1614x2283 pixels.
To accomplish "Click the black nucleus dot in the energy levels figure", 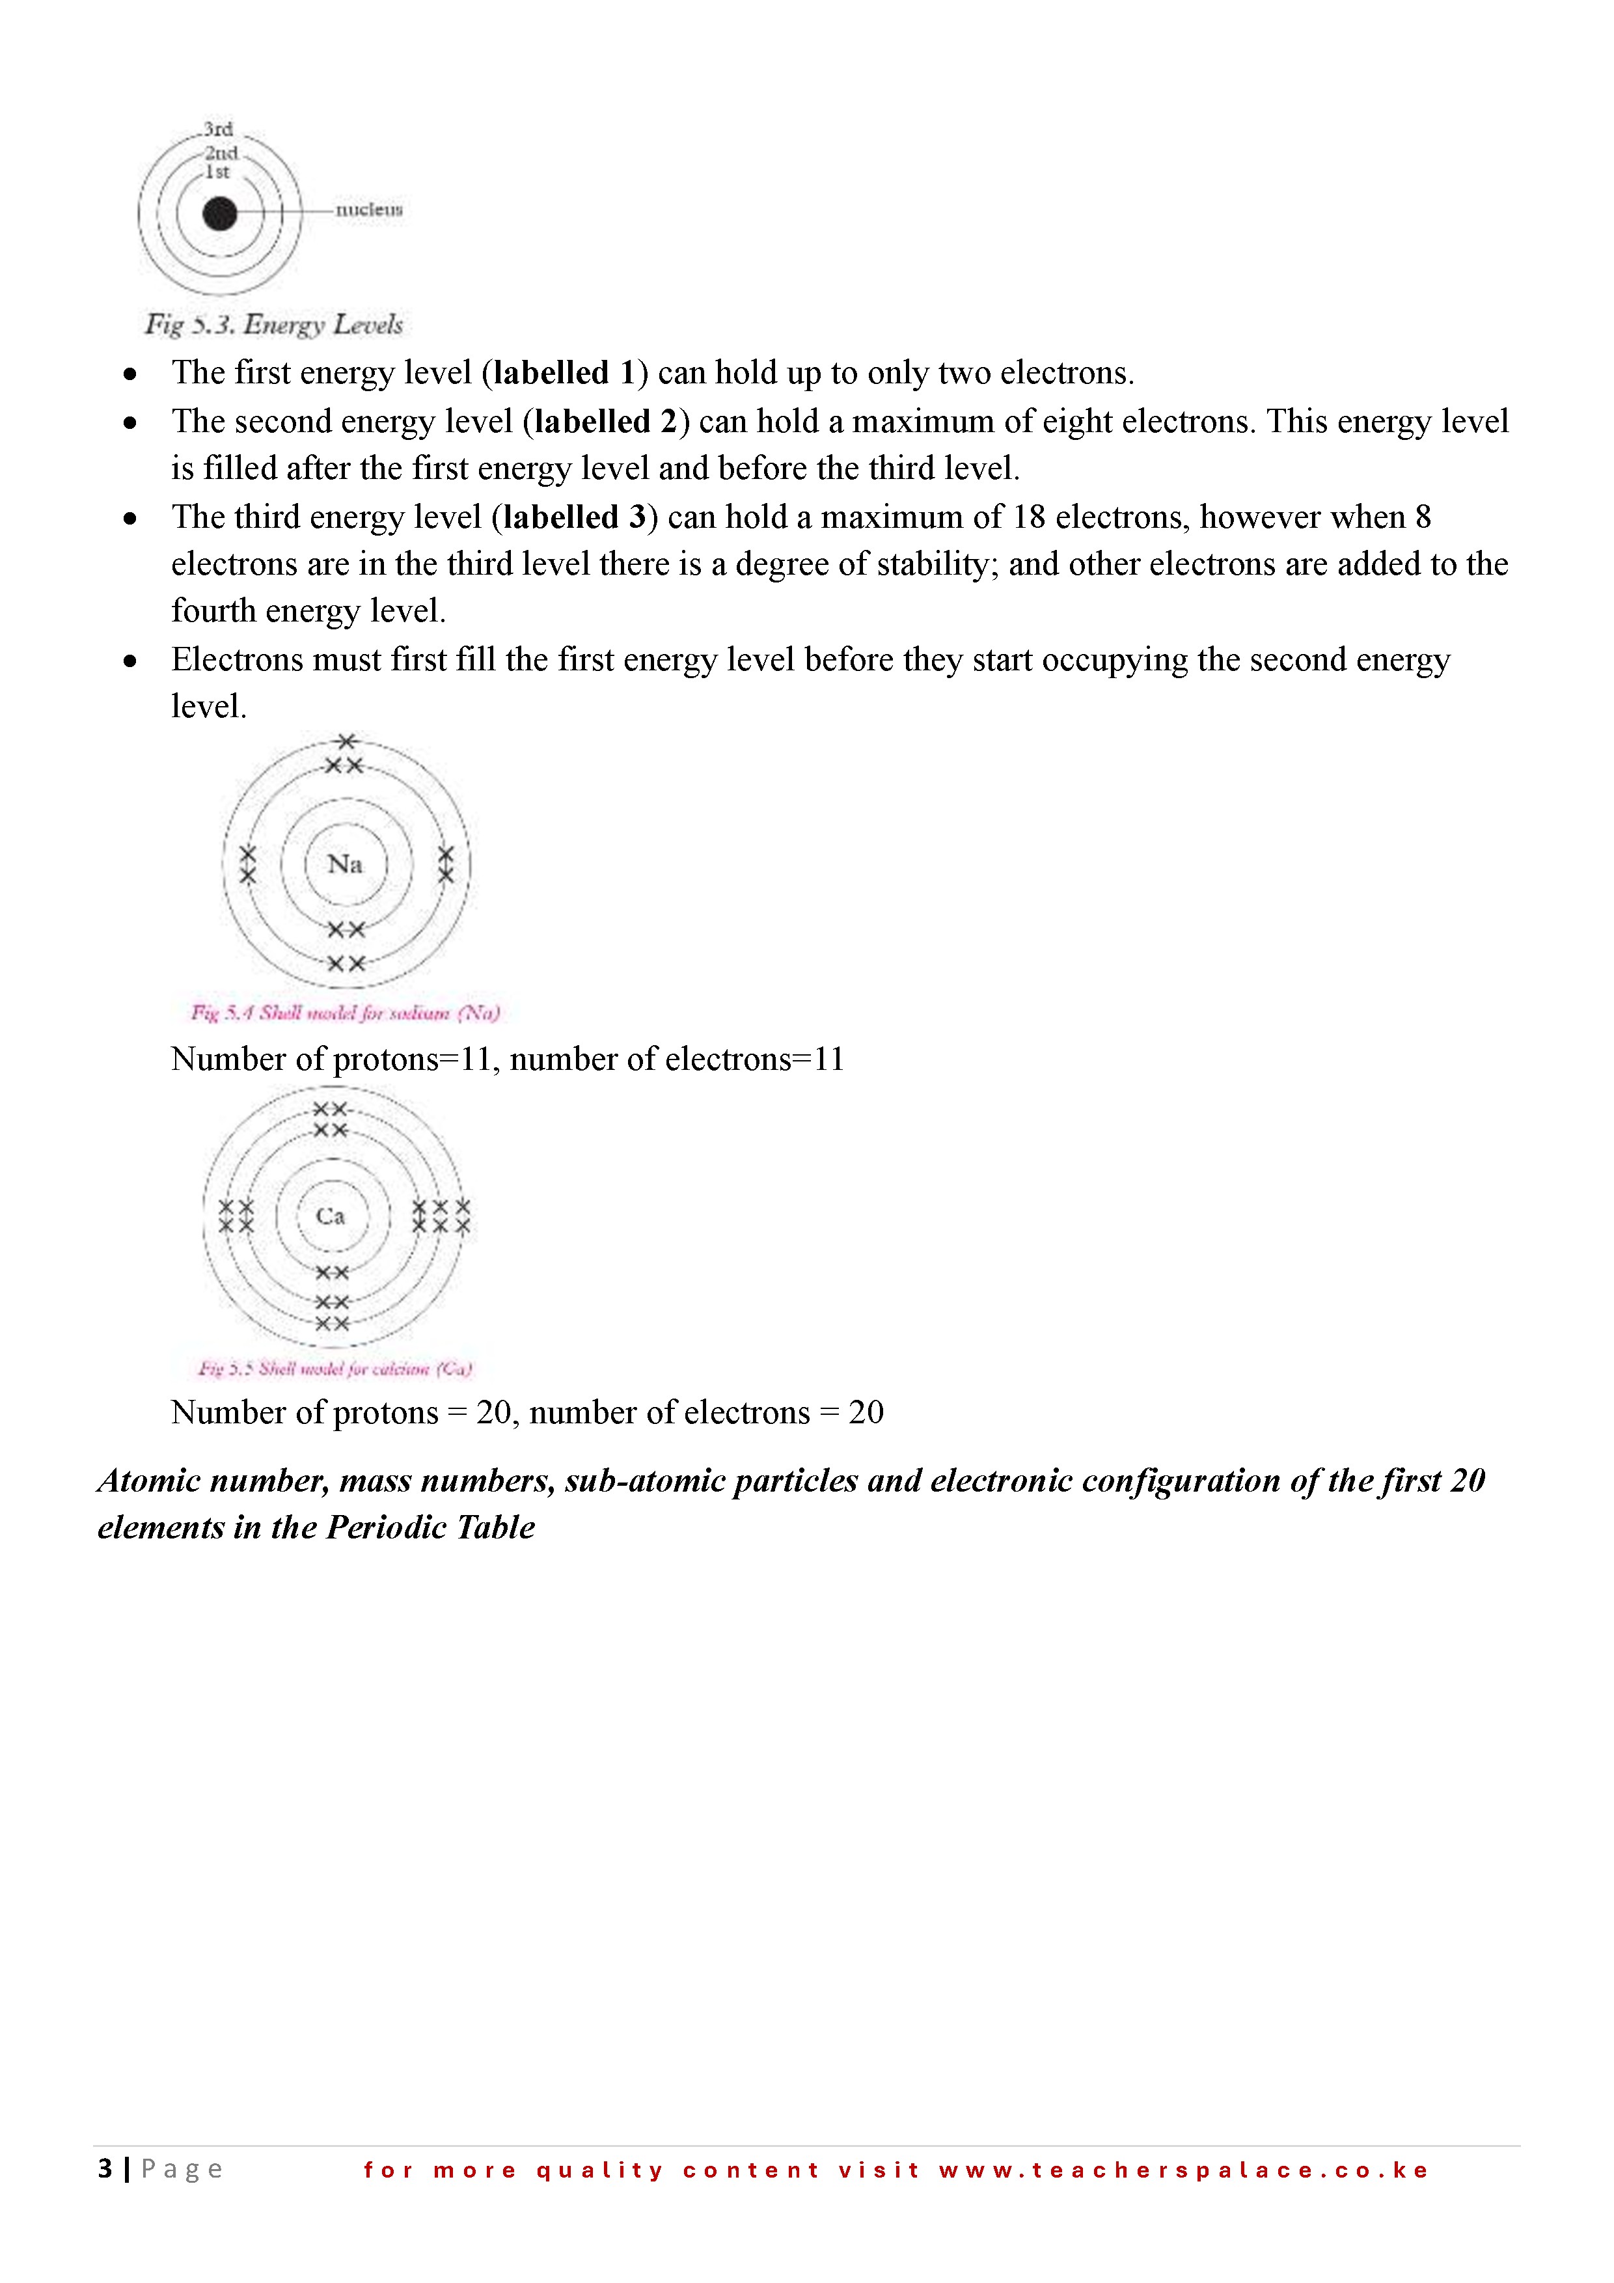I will point(220,213).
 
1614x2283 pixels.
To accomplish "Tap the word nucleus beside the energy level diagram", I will point(369,210).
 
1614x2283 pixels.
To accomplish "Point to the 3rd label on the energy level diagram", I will point(218,130).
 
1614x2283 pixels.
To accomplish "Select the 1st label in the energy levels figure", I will point(217,172).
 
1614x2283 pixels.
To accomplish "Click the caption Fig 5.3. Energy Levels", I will point(273,325).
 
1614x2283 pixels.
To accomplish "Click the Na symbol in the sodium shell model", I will point(345,864).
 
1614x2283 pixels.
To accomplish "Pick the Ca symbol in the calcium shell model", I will point(330,1216).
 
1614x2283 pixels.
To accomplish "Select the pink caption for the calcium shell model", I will point(335,1369).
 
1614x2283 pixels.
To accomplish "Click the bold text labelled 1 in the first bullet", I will point(564,373).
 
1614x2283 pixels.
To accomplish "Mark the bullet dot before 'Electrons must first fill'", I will point(130,661).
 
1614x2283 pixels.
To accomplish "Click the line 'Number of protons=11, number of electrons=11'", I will point(507,1059).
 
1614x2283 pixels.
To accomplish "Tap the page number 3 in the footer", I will point(104,2168).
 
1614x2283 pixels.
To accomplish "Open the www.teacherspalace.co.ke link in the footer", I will point(1183,2170).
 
